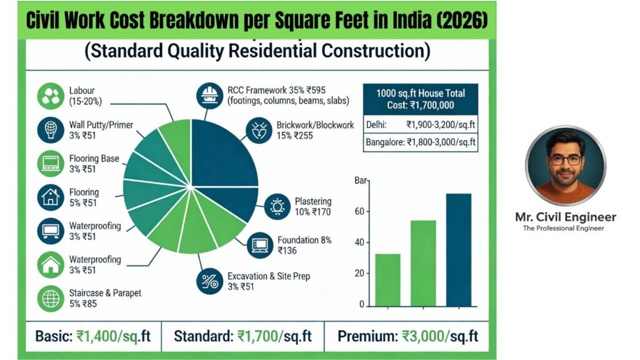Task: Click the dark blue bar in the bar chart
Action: coord(458,250)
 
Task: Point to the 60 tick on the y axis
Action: coord(359,212)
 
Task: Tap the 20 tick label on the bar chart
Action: coord(359,274)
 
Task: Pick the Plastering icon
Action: coord(276,207)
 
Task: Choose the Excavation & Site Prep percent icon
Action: coord(208,281)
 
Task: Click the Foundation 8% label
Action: coord(305,240)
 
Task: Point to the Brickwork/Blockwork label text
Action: coord(316,125)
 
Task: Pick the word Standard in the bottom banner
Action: coord(203,336)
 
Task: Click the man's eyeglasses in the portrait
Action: coord(566,159)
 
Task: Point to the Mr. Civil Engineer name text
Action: coord(566,217)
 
